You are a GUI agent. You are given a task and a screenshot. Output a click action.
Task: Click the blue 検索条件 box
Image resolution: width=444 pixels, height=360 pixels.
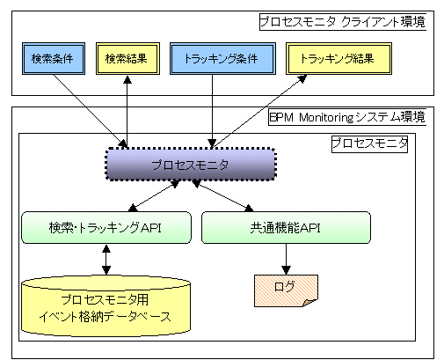(x=54, y=58)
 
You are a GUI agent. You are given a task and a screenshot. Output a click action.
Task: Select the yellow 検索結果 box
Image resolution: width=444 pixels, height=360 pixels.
(x=127, y=58)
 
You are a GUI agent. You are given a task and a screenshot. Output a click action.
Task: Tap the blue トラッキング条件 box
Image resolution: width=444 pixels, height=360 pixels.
(x=222, y=58)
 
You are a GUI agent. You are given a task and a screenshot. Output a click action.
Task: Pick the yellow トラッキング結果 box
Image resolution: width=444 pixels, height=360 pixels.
(x=338, y=58)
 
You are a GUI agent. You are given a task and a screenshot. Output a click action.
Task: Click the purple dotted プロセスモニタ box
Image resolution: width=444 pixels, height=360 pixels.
(x=191, y=165)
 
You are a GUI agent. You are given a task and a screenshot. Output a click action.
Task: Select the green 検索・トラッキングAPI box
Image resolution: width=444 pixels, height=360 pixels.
(x=106, y=228)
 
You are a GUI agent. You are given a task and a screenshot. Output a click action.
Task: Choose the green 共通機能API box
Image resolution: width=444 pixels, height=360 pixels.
(x=286, y=228)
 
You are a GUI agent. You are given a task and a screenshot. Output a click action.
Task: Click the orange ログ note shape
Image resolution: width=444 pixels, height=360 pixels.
(x=286, y=290)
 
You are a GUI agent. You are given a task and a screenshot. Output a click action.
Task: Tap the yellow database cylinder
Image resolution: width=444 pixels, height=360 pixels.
(x=106, y=305)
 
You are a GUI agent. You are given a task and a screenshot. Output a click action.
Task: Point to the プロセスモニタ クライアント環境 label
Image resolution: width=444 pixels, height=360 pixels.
(x=343, y=22)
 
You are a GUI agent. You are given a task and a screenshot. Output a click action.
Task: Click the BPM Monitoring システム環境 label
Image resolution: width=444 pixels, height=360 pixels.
(x=347, y=118)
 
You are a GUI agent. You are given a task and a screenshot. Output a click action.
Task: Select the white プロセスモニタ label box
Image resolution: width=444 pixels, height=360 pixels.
(x=369, y=143)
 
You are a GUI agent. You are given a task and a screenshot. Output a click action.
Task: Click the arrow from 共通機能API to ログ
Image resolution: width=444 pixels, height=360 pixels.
(x=286, y=259)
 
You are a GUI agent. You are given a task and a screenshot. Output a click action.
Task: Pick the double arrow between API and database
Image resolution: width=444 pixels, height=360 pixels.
(x=106, y=260)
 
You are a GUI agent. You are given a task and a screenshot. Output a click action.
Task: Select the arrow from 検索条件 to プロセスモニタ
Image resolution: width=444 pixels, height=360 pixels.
(x=91, y=111)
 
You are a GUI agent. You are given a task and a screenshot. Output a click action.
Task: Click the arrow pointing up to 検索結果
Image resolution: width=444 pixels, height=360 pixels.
(x=127, y=112)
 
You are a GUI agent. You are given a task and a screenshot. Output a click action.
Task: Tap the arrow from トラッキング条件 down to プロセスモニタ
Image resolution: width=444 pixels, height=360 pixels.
(x=212, y=111)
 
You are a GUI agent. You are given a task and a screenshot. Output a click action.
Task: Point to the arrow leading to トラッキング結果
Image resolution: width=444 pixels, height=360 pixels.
(x=259, y=112)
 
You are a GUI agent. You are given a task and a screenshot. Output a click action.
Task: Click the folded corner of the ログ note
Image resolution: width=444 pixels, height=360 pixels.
(x=310, y=303)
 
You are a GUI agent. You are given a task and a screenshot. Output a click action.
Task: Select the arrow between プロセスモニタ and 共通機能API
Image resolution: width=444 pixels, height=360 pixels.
(x=222, y=196)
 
